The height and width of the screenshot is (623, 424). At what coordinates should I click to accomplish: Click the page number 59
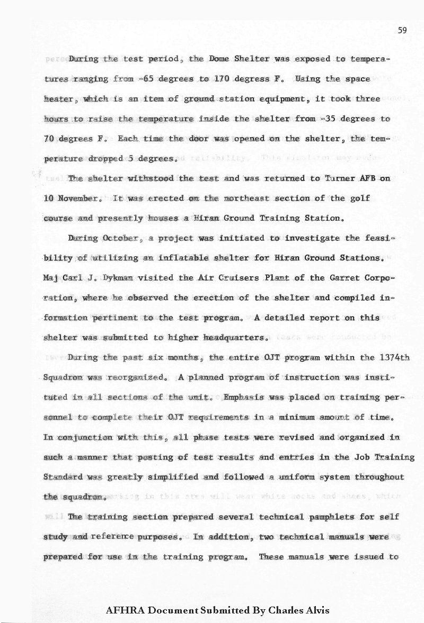tap(402, 32)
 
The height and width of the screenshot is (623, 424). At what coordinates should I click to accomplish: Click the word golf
tap(359, 198)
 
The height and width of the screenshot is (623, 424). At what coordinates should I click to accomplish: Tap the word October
tap(122, 238)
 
